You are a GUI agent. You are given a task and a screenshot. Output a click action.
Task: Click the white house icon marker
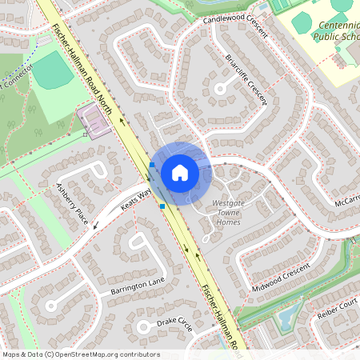pos(180,172)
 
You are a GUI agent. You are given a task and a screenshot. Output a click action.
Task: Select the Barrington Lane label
pos(138,286)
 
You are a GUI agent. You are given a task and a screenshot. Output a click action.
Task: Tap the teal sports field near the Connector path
pos(52,72)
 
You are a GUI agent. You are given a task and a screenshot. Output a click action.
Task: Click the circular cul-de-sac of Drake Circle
pos(145,327)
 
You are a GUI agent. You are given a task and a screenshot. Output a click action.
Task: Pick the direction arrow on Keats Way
pos(96,225)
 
